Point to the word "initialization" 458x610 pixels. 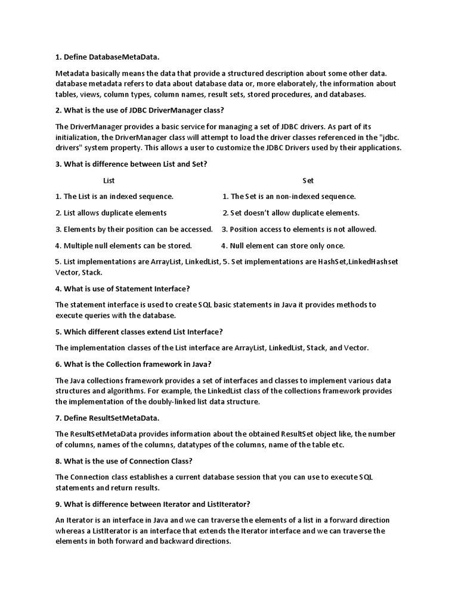pos(79,137)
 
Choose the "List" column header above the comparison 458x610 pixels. pos(109,180)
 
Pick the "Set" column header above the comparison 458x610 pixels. pos(308,180)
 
